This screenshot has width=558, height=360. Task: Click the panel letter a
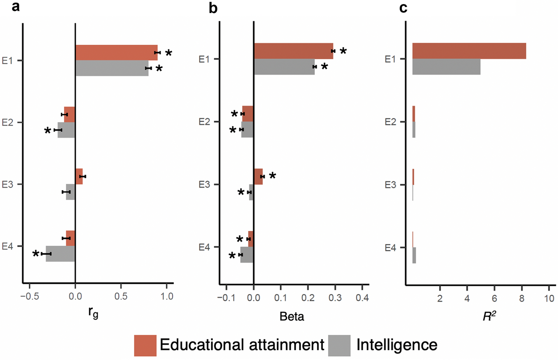(15, 6)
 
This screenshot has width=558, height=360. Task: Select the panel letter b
(213, 8)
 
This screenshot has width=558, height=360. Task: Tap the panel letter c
(403, 8)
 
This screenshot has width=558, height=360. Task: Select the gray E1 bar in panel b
(284, 67)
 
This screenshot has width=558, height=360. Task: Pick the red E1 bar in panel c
(469, 51)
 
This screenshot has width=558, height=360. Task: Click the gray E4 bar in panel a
(60, 254)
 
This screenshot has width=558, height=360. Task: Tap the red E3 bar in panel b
(258, 176)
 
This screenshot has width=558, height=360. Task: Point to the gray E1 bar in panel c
(446, 67)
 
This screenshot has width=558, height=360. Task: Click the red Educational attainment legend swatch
(145, 345)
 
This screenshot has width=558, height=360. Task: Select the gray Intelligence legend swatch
(339, 345)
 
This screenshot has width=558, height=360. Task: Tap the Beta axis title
(292, 316)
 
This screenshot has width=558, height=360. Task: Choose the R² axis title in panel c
(489, 316)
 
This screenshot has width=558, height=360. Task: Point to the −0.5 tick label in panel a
(30, 297)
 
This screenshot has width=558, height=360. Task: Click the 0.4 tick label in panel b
(362, 298)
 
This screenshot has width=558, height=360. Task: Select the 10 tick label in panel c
(549, 299)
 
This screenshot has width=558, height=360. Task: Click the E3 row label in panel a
(7, 184)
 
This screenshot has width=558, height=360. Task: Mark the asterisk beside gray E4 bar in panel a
(36, 254)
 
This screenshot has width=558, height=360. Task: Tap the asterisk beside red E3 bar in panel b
(273, 176)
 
